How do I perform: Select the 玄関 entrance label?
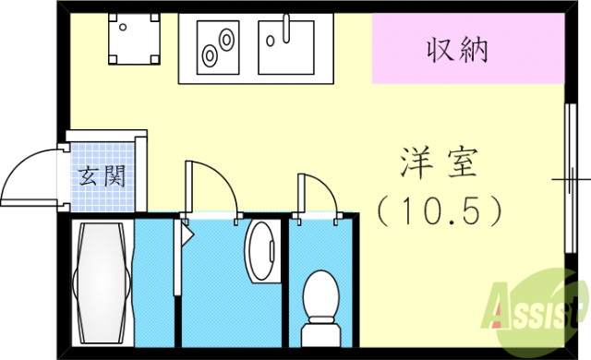100,175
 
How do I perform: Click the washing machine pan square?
131,41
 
